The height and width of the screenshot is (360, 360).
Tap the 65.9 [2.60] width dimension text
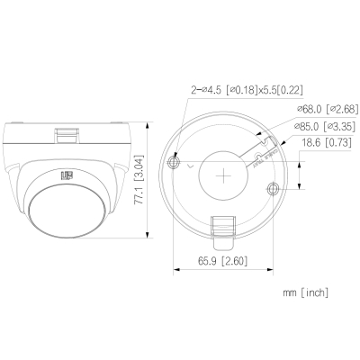pyautogui.click(x=222, y=261)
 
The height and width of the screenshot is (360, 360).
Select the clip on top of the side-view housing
pyautogui.click(x=67, y=134)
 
